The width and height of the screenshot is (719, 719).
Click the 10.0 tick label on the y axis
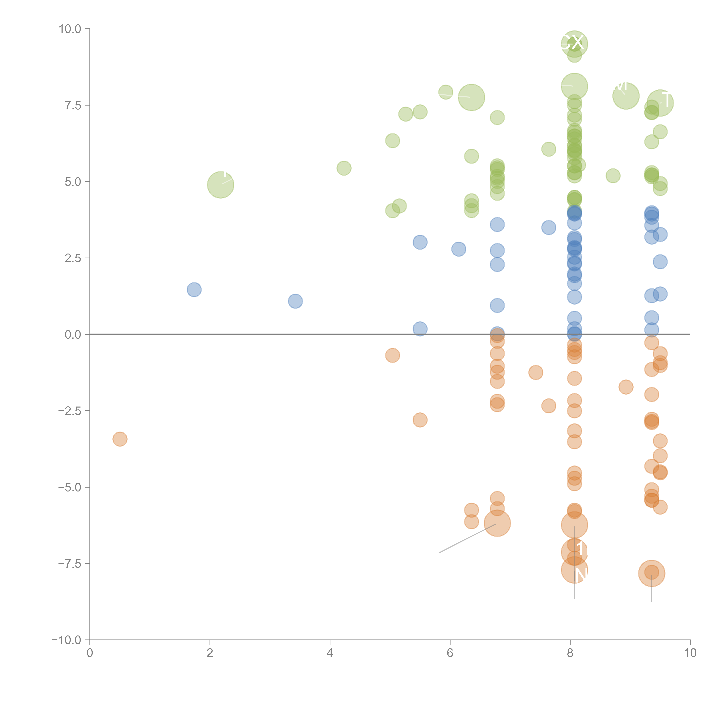pyautogui.click(x=70, y=29)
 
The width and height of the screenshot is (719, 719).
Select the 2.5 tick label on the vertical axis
pyautogui.click(x=73, y=258)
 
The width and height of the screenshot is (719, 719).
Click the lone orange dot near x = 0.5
pyautogui.click(x=120, y=439)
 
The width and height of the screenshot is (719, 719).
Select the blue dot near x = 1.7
pyautogui.click(x=194, y=289)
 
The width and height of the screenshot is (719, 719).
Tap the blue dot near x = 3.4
pyautogui.click(x=295, y=301)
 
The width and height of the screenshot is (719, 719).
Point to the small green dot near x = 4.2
pyautogui.click(x=344, y=168)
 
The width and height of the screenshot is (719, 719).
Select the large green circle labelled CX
pyautogui.click(x=574, y=44)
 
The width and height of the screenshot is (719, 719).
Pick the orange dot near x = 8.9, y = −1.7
pyautogui.click(x=626, y=387)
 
